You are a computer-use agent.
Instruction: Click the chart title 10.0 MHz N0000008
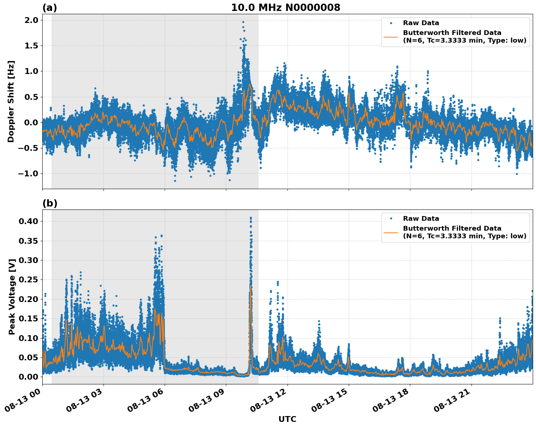click(x=285, y=8)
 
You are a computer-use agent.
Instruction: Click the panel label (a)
click(x=50, y=8)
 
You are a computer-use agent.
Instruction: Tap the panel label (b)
click(x=50, y=203)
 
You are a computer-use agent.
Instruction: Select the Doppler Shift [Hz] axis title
click(x=11, y=101)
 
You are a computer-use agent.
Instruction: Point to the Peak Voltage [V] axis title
click(x=12, y=297)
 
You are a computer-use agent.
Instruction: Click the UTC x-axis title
click(x=287, y=419)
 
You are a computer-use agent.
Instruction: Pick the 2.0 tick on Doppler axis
click(x=31, y=20)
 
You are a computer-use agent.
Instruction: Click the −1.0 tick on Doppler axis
click(x=27, y=173)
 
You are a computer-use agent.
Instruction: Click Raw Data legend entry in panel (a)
click(x=421, y=23)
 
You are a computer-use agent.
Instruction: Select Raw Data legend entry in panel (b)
click(x=421, y=219)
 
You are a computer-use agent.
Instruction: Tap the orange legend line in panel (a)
click(x=391, y=37)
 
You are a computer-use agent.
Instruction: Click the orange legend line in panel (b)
click(x=391, y=232)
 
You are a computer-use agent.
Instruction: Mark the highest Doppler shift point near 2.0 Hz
click(x=243, y=22)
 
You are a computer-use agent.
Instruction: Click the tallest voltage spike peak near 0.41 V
click(x=251, y=218)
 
